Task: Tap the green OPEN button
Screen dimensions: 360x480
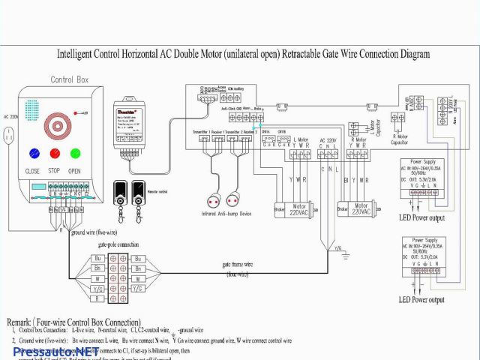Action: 75,154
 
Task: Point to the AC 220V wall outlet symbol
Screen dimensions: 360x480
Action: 10,135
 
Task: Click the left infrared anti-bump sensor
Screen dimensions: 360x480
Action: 211,201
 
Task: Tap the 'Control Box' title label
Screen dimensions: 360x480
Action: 70,79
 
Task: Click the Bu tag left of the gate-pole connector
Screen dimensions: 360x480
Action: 97,258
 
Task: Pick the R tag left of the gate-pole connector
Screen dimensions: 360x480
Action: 97,298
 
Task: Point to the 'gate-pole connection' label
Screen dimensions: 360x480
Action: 118,245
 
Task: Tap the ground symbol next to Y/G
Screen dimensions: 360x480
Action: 346,252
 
